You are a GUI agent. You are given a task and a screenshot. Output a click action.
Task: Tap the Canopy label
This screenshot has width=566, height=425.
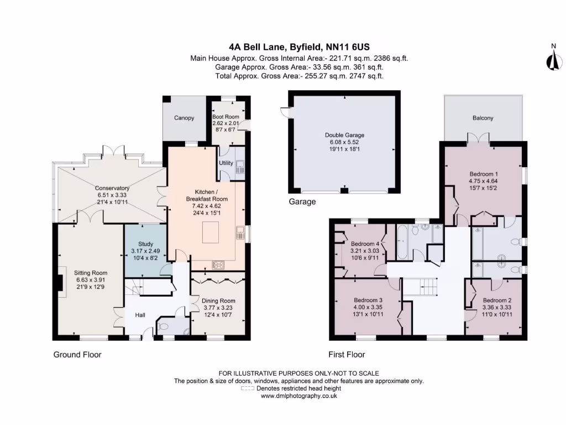pyautogui.click(x=184, y=118)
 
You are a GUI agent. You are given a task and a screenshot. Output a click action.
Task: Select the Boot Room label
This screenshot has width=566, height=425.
pyautogui.click(x=225, y=117)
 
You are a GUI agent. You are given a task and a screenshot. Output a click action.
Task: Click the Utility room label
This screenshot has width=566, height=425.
pyautogui.click(x=226, y=163)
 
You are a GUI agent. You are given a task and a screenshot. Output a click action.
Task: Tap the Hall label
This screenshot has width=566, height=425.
pyautogui.click(x=140, y=315)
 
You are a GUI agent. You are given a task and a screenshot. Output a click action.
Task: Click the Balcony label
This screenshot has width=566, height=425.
pyautogui.click(x=483, y=118)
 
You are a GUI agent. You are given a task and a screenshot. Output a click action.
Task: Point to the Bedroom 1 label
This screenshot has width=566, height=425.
pyautogui.click(x=483, y=174)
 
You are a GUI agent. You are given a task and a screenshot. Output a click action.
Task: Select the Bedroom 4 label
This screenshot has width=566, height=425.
pyautogui.click(x=365, y=243)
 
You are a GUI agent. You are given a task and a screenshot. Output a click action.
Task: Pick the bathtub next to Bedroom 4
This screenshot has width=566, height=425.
pyautogui.click(x=403, y=242)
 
